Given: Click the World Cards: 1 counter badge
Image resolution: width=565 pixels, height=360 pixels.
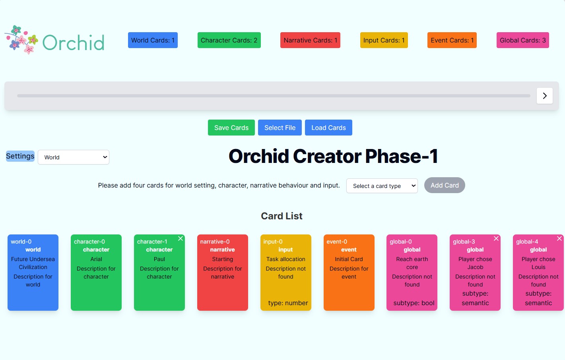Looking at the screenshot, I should (153, 40).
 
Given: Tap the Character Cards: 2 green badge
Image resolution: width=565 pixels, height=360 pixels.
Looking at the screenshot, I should (229, 40).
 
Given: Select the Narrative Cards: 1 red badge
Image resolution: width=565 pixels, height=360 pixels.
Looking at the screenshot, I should (310, 40).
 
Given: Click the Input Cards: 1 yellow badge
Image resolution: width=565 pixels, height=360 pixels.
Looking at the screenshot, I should (384, 40).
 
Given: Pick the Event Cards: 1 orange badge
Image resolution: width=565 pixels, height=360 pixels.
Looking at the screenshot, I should (452, 40).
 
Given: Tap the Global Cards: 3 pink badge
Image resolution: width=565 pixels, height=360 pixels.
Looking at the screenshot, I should (522, 40).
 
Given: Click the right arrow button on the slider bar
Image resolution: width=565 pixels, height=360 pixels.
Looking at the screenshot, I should (544, 96).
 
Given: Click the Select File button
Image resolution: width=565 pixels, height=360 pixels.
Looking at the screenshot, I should (280, 128).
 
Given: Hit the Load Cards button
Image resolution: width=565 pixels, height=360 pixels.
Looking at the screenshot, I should (328, 128).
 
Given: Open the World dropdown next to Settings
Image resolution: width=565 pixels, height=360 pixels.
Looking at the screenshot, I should (74, 157).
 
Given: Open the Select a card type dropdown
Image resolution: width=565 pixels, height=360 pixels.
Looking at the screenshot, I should (382, 186).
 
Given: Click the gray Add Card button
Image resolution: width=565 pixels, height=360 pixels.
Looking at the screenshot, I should (444, 185).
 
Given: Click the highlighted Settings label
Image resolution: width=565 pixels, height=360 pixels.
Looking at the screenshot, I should (20, 156).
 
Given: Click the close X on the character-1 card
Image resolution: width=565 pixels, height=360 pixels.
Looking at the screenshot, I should (181, 238).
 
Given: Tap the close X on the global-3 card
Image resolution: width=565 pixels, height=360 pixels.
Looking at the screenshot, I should (496, 238).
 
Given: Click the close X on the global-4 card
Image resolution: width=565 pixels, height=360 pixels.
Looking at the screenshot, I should (559, 238).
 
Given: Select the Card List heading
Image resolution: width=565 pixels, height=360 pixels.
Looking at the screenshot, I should (282, 216).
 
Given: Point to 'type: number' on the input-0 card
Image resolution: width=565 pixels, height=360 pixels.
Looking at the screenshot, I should (288, 303).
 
